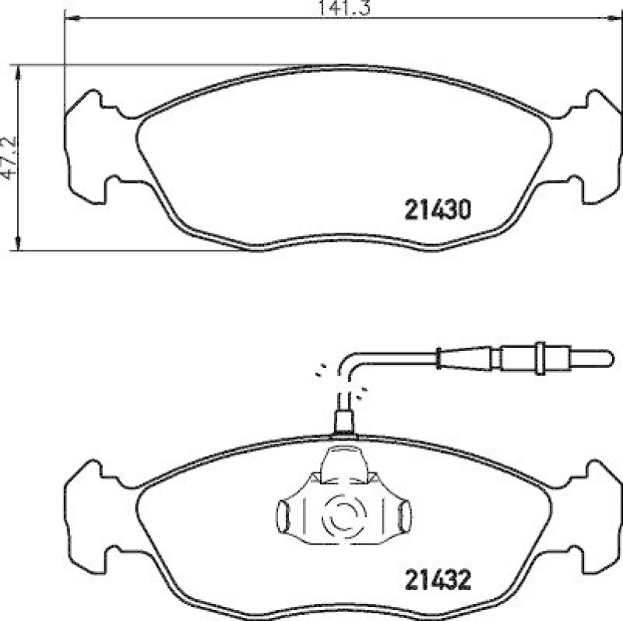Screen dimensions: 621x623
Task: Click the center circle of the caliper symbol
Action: pos(343,514)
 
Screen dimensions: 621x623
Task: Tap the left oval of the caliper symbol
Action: pos(283,514)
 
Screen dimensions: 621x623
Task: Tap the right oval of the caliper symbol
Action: pos(404,514)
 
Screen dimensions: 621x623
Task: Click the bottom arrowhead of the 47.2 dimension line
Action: pos(18,245)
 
